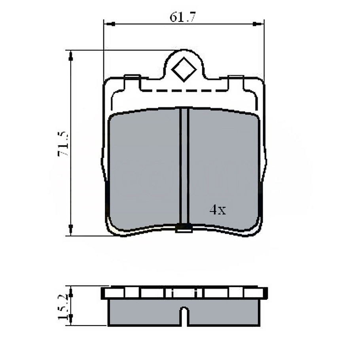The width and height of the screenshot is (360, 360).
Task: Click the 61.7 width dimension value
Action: point(183,17)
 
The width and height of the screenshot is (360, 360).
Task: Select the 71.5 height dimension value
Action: point(64,144)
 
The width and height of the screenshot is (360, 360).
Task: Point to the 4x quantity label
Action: point(218,210)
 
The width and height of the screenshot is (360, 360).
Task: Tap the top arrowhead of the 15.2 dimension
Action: point(71,292)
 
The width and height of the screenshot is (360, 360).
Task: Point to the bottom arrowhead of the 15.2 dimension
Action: point(71,318)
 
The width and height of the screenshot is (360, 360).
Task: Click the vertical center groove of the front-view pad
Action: point(184,166)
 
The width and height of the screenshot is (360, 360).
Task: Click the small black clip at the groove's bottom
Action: point(184,227)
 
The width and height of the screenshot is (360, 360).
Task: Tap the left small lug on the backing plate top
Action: point(132,77)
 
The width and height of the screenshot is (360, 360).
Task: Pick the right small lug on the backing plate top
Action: point(236,77)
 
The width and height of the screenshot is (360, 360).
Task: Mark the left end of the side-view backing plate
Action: point(104,293)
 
